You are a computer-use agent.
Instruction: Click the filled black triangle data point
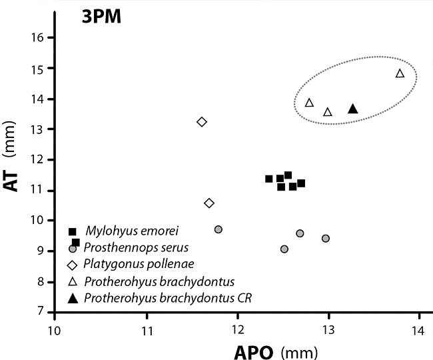coord(353,109)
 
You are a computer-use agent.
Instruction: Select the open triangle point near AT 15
coord(400,73)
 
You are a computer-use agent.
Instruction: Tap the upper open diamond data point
coord(202,121)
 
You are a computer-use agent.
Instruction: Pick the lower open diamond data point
coord(209,203)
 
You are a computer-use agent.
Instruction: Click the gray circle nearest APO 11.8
coord(218,229)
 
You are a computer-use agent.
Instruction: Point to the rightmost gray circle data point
coord(326,238)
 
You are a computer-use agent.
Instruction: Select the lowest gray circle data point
coord(284,249)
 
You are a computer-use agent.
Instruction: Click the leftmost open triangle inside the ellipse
coord(309,103)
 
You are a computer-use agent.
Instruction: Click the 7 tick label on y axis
coord(39,311)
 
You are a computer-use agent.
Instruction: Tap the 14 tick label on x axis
coord(418,330)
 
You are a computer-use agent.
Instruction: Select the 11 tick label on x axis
coord(147,330)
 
